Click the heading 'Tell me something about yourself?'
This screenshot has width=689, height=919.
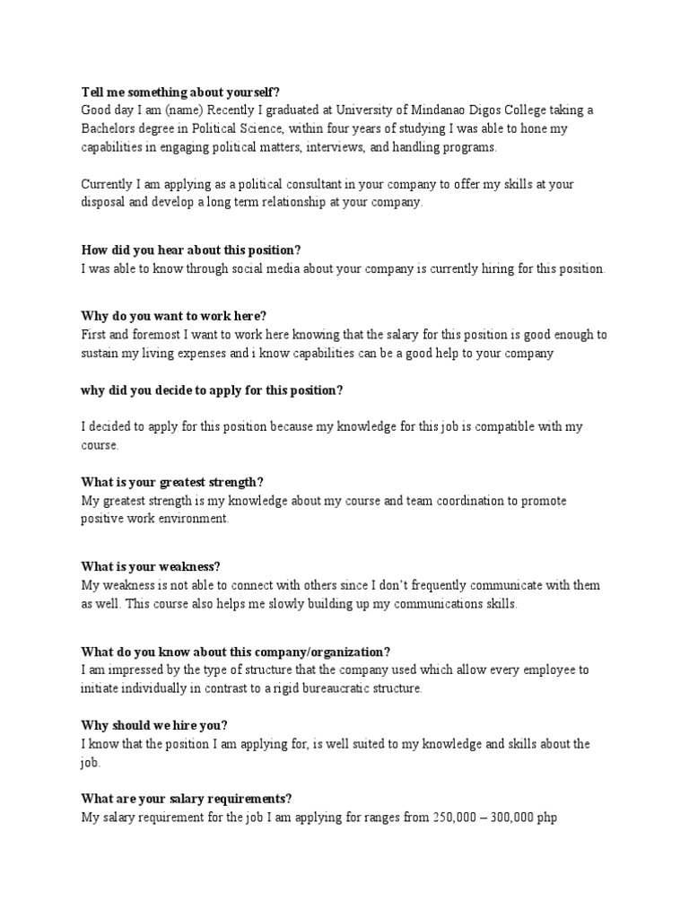180,92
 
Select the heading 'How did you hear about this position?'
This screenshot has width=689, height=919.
191,249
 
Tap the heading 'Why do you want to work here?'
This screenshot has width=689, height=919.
174,316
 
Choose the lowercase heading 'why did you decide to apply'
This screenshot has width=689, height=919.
213,390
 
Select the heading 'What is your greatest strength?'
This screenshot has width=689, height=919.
172,482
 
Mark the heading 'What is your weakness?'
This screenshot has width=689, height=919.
151,566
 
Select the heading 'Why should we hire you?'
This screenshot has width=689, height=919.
154,725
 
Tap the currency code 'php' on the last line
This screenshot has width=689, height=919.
546,819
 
